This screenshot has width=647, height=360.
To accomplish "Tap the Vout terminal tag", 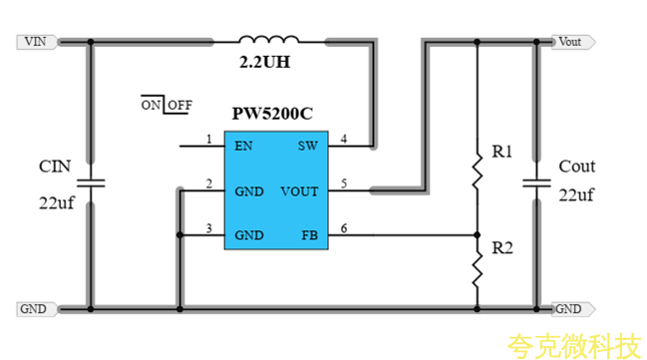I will [572, 42].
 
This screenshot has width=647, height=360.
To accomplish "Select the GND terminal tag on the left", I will [34, 309].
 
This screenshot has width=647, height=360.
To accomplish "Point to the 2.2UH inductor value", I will [267, 63].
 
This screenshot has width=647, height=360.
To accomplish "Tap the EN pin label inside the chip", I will [243, 146].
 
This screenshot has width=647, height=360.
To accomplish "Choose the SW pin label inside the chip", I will [307, 146].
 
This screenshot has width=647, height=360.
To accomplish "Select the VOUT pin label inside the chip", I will [299, 190].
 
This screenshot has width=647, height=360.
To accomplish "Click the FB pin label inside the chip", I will [309, 236].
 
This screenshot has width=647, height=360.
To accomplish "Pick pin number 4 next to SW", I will [344, 139].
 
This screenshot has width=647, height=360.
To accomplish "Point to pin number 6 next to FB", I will [344, 229].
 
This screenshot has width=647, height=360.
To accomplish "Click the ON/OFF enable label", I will [166, 105].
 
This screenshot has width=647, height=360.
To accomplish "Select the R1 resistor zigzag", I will [477, 175].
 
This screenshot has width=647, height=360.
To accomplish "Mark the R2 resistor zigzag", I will [477, 267].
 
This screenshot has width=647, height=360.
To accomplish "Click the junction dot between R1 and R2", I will [477, 236].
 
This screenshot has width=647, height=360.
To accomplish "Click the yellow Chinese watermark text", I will [573, 345].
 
